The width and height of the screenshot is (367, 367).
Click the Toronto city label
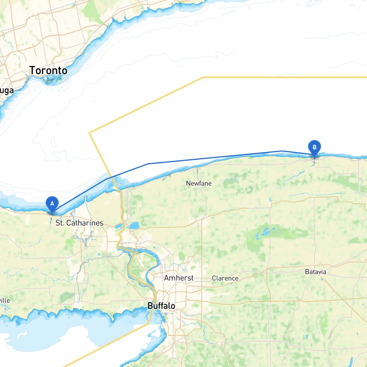[48, 71]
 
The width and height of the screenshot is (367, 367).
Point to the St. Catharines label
[79, 223]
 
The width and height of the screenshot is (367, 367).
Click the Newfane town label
[199, 183]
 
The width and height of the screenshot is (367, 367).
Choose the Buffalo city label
[161, 306]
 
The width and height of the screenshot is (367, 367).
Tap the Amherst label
[179, 278]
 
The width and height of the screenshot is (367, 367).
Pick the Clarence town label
[225, 278]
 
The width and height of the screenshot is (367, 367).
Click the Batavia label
[315, 272]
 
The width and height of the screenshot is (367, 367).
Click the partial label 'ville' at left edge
[5, 300]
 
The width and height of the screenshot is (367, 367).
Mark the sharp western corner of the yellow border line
[89, 133]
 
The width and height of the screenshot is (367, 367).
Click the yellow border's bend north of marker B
[203, 77]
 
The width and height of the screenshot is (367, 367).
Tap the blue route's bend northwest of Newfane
[148, 164]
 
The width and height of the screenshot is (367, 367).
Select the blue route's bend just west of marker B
[282, 151]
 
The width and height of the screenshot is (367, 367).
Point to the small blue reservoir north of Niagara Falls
[134, 226]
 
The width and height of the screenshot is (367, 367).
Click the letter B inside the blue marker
[314, 147]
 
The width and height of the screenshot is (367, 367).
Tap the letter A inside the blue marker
[52, 203]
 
